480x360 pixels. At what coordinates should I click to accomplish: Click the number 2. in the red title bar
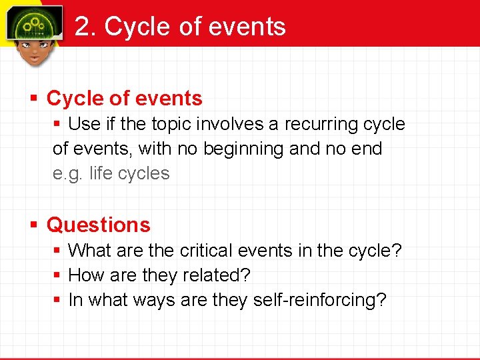point(85,27)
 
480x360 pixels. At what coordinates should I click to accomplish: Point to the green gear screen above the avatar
point(34,23)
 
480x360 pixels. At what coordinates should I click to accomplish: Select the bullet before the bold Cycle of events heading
point(33,99)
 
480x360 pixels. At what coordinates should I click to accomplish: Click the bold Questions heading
point(98,225)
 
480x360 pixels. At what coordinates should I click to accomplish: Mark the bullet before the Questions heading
point(33,225)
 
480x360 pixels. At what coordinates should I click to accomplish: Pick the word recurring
point(321,124)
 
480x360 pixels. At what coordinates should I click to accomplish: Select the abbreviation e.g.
point(68,173)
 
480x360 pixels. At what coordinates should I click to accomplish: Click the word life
point(100,173)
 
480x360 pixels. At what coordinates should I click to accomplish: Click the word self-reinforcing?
point(319,300)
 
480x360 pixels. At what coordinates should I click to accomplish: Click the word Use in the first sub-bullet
point(83,124)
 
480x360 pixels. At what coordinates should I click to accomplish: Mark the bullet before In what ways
point(57,300)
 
